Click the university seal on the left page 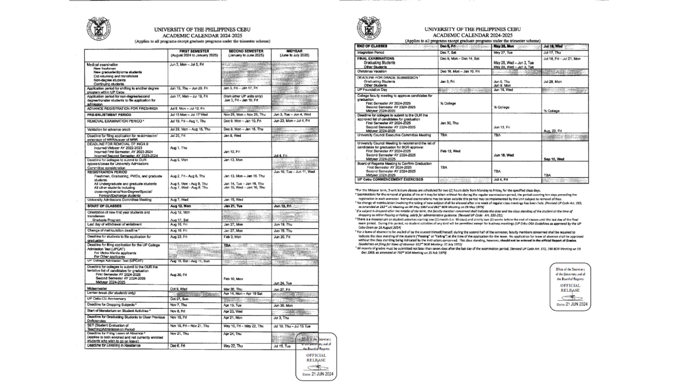click(x=99, y=29)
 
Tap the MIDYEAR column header click(x=294, y=53)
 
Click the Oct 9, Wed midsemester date click(x=179, y=288)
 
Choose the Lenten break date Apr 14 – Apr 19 click(x=243, y=293)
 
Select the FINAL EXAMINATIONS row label click(x=376, y=58)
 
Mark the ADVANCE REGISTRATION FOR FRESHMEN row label click(x=123, y=108)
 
